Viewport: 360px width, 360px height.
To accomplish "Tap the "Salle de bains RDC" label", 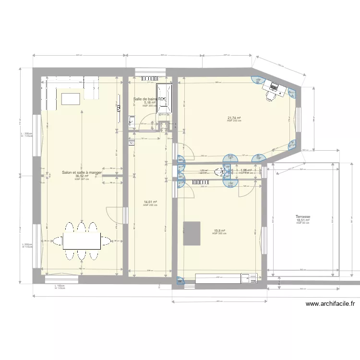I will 150,99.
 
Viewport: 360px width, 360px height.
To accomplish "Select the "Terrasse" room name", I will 303,217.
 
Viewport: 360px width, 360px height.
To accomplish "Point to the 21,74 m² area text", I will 234,118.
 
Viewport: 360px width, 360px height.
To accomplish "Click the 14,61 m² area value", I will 150,202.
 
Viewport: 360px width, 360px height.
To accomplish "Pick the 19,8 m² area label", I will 219,230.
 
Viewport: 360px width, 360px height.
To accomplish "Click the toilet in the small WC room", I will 222,171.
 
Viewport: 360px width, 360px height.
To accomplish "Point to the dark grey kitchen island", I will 192,233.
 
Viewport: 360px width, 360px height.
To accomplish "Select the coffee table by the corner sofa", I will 71,98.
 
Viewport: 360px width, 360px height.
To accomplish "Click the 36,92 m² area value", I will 82,176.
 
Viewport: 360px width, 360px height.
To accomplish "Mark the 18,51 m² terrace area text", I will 303,220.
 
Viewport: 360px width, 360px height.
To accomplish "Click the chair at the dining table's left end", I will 57,241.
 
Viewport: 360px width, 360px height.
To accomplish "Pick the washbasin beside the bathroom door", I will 132,120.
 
